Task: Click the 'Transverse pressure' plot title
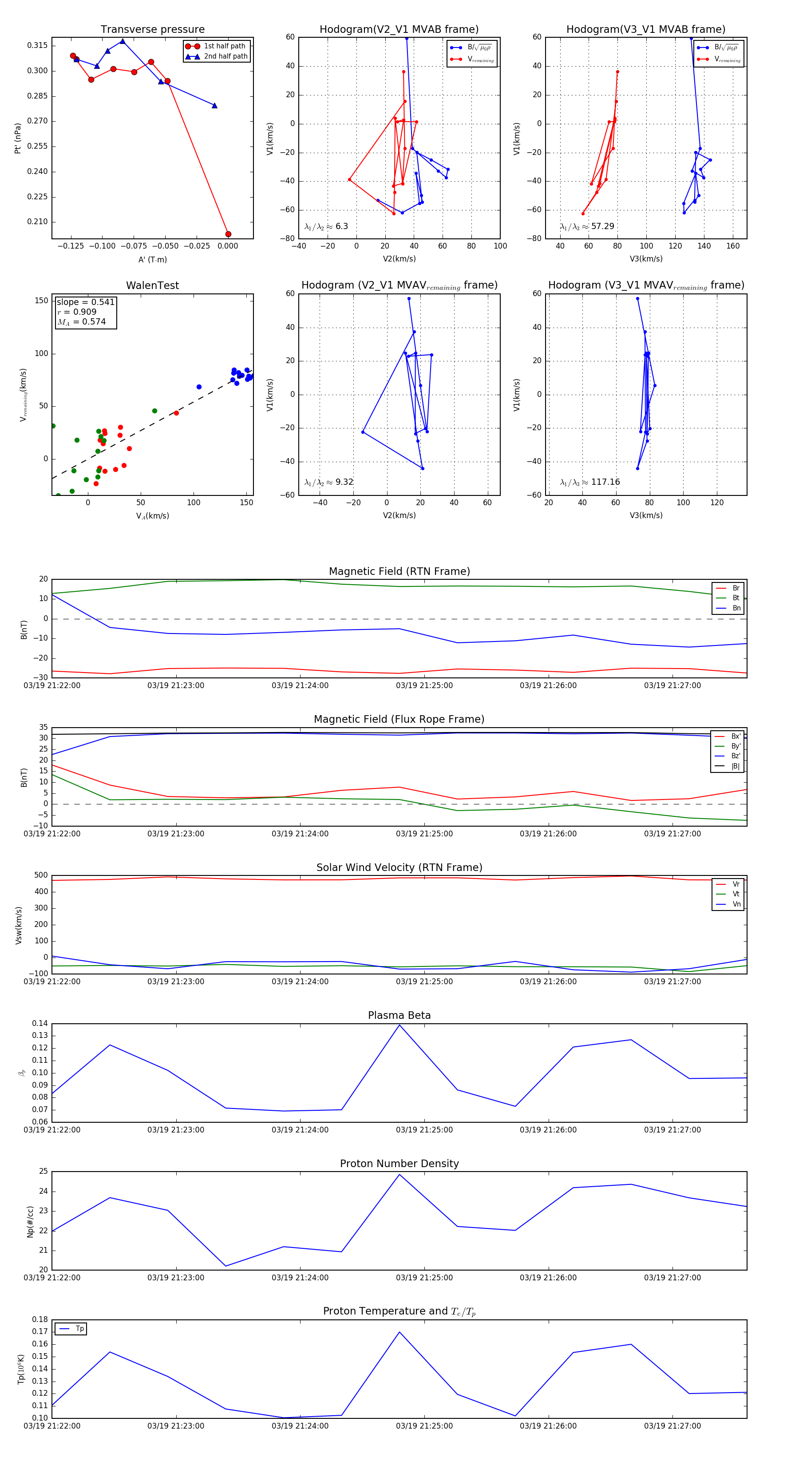click(152, 30)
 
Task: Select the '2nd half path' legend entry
click(225, 56)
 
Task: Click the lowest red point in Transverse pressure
click(228, 234)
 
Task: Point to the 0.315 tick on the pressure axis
click(38, 45)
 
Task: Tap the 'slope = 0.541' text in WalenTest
click(85, 302)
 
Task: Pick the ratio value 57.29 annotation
click(602, 226)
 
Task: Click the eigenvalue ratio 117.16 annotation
click(605, 482)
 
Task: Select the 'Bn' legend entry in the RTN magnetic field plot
click(736, 608)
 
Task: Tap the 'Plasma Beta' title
click(399, 1015)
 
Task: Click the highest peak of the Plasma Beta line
click(399, 1025)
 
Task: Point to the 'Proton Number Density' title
click(399, 1164)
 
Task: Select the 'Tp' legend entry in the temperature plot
click(79, 1329)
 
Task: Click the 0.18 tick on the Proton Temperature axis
click(40, 1319)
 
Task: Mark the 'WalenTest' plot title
click(152, 285)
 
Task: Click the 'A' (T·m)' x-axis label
click(152, 260)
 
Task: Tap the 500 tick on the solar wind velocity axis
click(41, 875)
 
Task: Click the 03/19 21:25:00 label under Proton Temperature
click(424, 1426)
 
